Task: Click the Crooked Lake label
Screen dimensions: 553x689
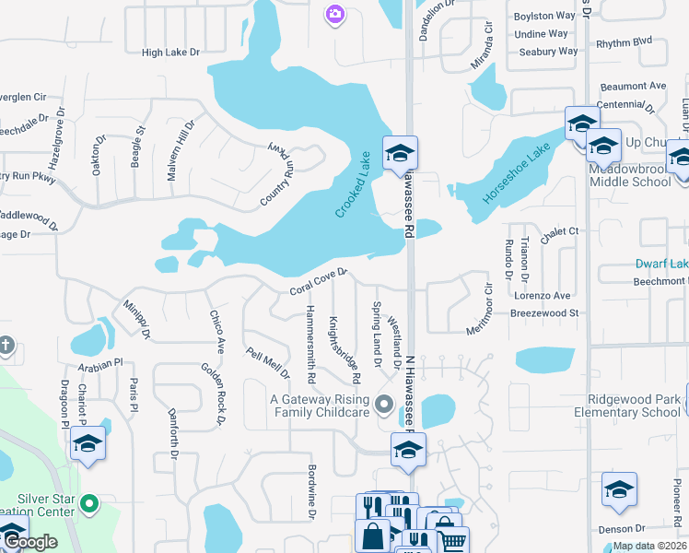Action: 352,184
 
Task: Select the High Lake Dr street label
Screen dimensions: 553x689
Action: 170,53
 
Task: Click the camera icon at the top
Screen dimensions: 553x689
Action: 334,13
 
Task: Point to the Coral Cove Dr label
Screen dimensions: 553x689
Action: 318,281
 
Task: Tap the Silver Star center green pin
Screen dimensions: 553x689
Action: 89,504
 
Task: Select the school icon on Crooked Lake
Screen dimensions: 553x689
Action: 401,153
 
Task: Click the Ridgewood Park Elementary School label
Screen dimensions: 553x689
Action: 636,406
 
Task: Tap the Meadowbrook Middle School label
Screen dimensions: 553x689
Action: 633,175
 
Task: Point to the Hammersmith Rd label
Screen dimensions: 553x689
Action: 311,344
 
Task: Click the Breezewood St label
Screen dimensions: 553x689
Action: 544,313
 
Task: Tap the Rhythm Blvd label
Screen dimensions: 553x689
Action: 624,42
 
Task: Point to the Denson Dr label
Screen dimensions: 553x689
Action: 621,529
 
